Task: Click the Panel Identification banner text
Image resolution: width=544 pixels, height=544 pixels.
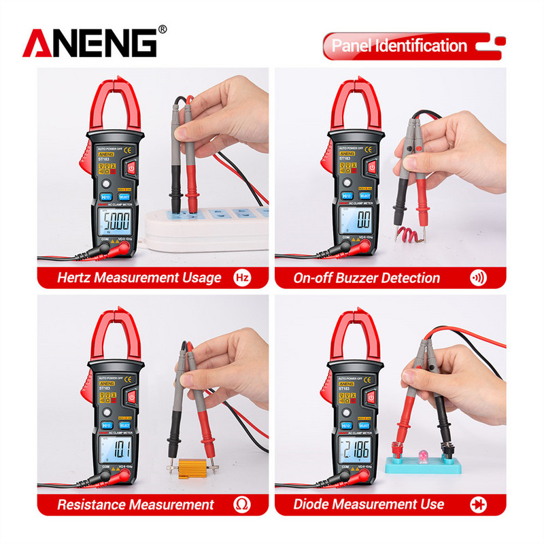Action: [x=399, y=46]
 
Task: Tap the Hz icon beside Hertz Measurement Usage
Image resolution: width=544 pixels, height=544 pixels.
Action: [x=243, y=277]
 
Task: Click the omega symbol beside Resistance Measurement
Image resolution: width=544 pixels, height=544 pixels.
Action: [x=243, y=504]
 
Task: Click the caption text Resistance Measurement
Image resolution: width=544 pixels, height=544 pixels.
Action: [x=135, y=505]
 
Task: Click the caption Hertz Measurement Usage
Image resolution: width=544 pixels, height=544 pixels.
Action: [x=139, y=277]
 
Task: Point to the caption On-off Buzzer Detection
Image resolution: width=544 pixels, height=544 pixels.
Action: [x=367, y=277]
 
